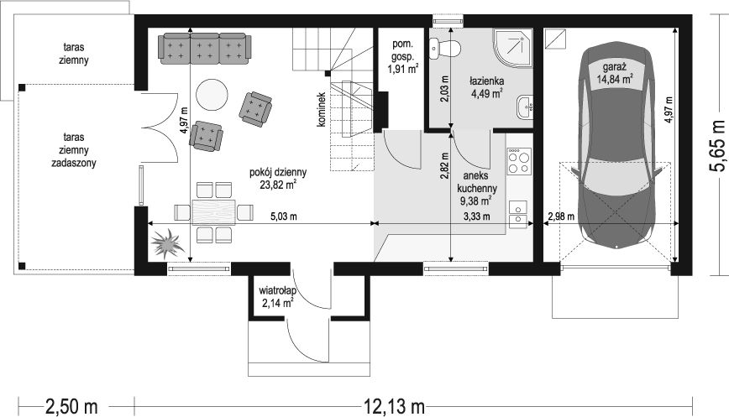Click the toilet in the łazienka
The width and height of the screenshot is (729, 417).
[x=445, y=49]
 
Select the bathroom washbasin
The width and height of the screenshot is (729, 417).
[x=525, y=108]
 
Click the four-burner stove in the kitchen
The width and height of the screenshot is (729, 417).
[x=519, y=161]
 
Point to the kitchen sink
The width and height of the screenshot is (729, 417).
[x=518, y=215]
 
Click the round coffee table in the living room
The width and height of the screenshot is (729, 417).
[x=212, y=95]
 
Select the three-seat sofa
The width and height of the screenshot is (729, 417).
[x=205, y=49]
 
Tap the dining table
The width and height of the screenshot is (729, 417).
[x=214, y=212]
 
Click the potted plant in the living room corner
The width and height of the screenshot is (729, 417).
[x=165, y=243]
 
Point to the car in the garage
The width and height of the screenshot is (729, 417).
[x=615, y=147]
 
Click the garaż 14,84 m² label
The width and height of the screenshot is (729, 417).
[x=615, y=72]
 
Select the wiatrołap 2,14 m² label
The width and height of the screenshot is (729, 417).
[x=276, y=297]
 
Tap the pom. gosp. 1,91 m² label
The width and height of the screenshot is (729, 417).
[x=403, y=57]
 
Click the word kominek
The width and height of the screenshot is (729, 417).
[x=320, y=109]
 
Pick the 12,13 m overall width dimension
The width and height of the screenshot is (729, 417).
[x=394, y=407]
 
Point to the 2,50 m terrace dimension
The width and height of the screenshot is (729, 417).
[x=71, y=407]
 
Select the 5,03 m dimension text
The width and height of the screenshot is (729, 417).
[x=284, y=216]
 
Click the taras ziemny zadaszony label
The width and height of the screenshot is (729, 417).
[x=74, y=150]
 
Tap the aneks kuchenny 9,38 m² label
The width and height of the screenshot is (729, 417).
[x=476, y=188]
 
